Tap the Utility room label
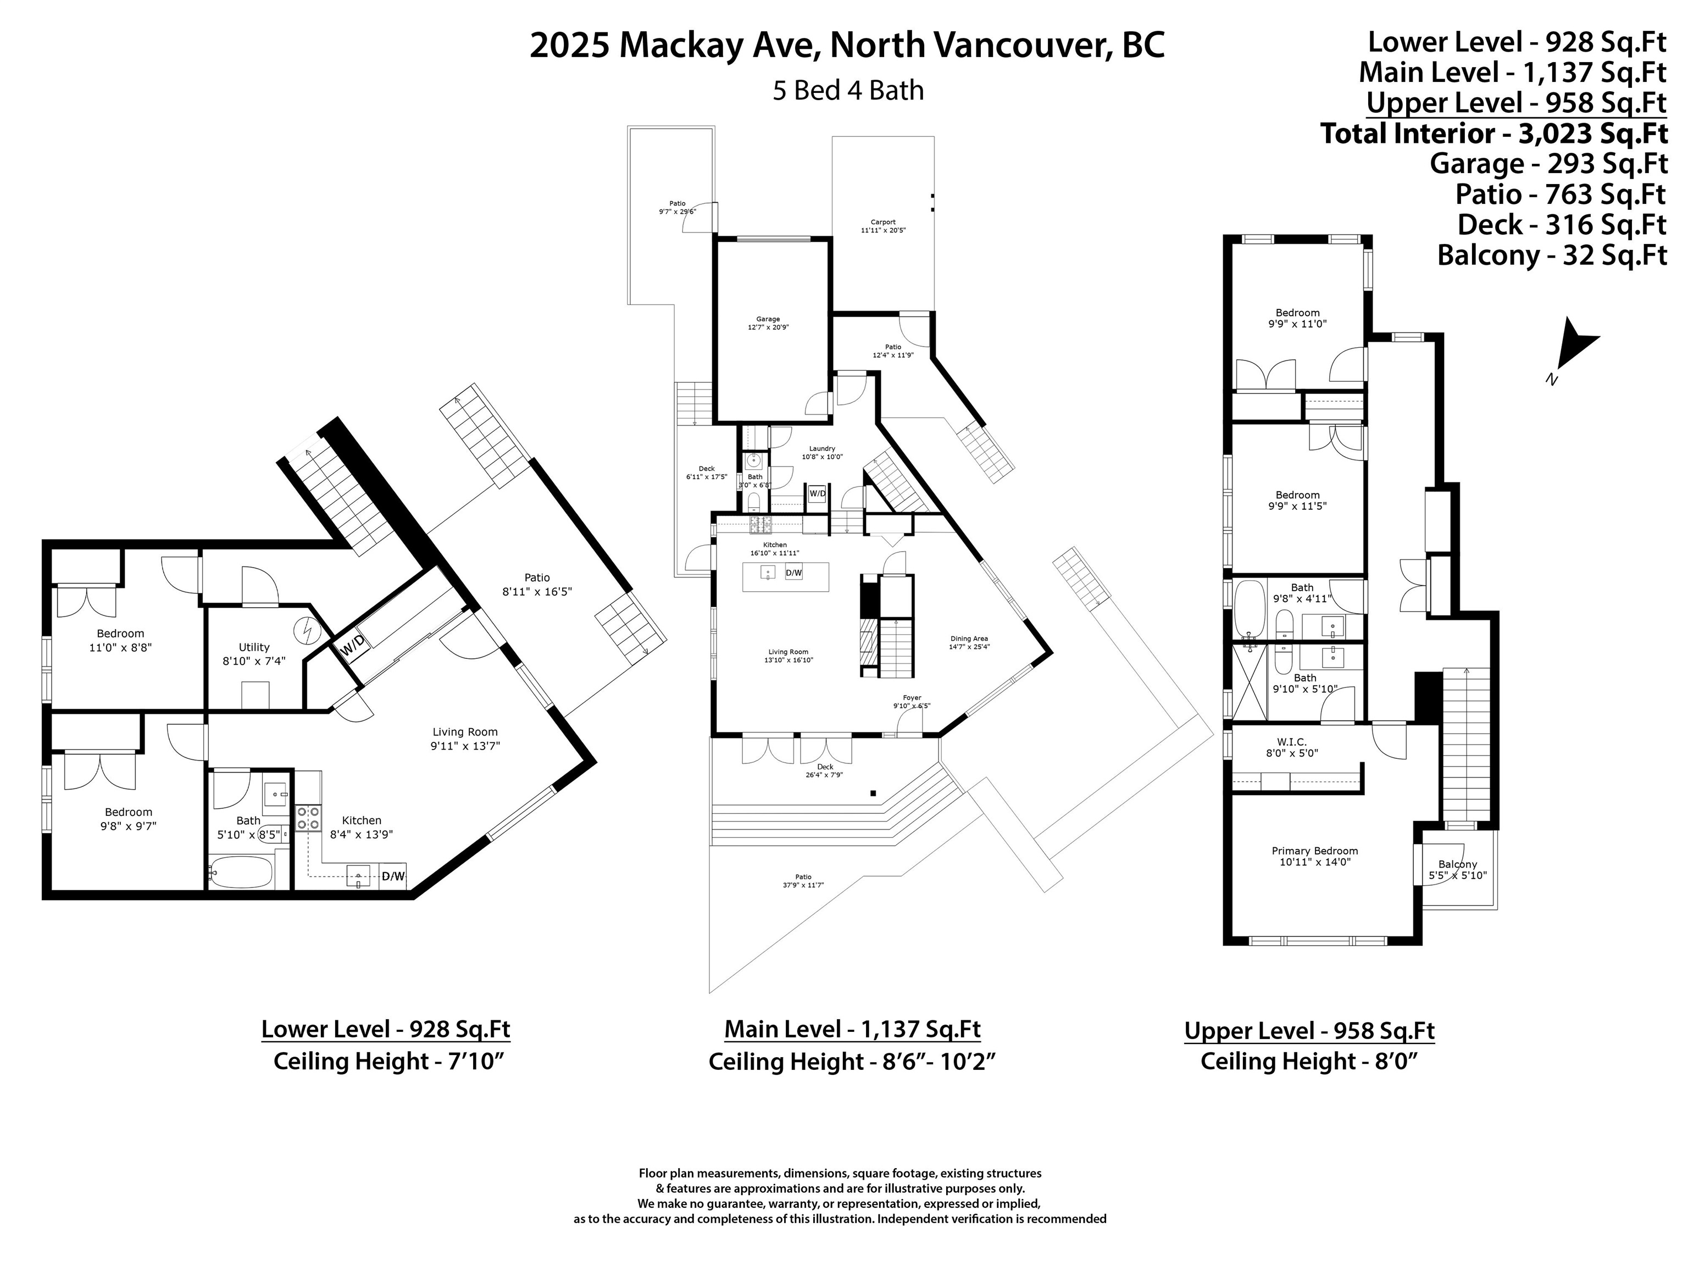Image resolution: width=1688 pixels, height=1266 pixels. click(254, 647)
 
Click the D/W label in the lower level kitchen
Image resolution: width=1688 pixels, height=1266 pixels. click(394, 876)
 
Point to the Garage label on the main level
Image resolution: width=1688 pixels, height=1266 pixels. click(768, 319)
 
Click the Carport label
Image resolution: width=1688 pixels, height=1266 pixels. click(883, 222)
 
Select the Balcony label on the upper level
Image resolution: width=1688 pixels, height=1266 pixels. click(1458, 864)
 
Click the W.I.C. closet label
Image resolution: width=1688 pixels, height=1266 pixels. click(1292, 742)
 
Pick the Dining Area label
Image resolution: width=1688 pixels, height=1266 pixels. click(969, 638)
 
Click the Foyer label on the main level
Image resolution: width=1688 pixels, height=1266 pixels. click(912, 697)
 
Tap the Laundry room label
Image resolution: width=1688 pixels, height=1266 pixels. click(822, 449)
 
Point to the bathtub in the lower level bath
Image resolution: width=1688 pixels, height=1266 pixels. click(240, 871)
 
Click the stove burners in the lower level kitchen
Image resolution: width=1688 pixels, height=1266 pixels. click(308, 819)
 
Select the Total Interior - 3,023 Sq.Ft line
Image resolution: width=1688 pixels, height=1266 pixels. click(1493, 134)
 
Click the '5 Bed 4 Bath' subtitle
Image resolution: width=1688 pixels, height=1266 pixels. click(848, 91)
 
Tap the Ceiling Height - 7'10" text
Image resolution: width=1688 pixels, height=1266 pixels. click(389, 1062)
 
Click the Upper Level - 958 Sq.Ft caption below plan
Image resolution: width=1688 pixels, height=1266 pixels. click(1309, 1031)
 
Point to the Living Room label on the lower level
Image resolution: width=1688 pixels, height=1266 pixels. click(465, 732)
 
